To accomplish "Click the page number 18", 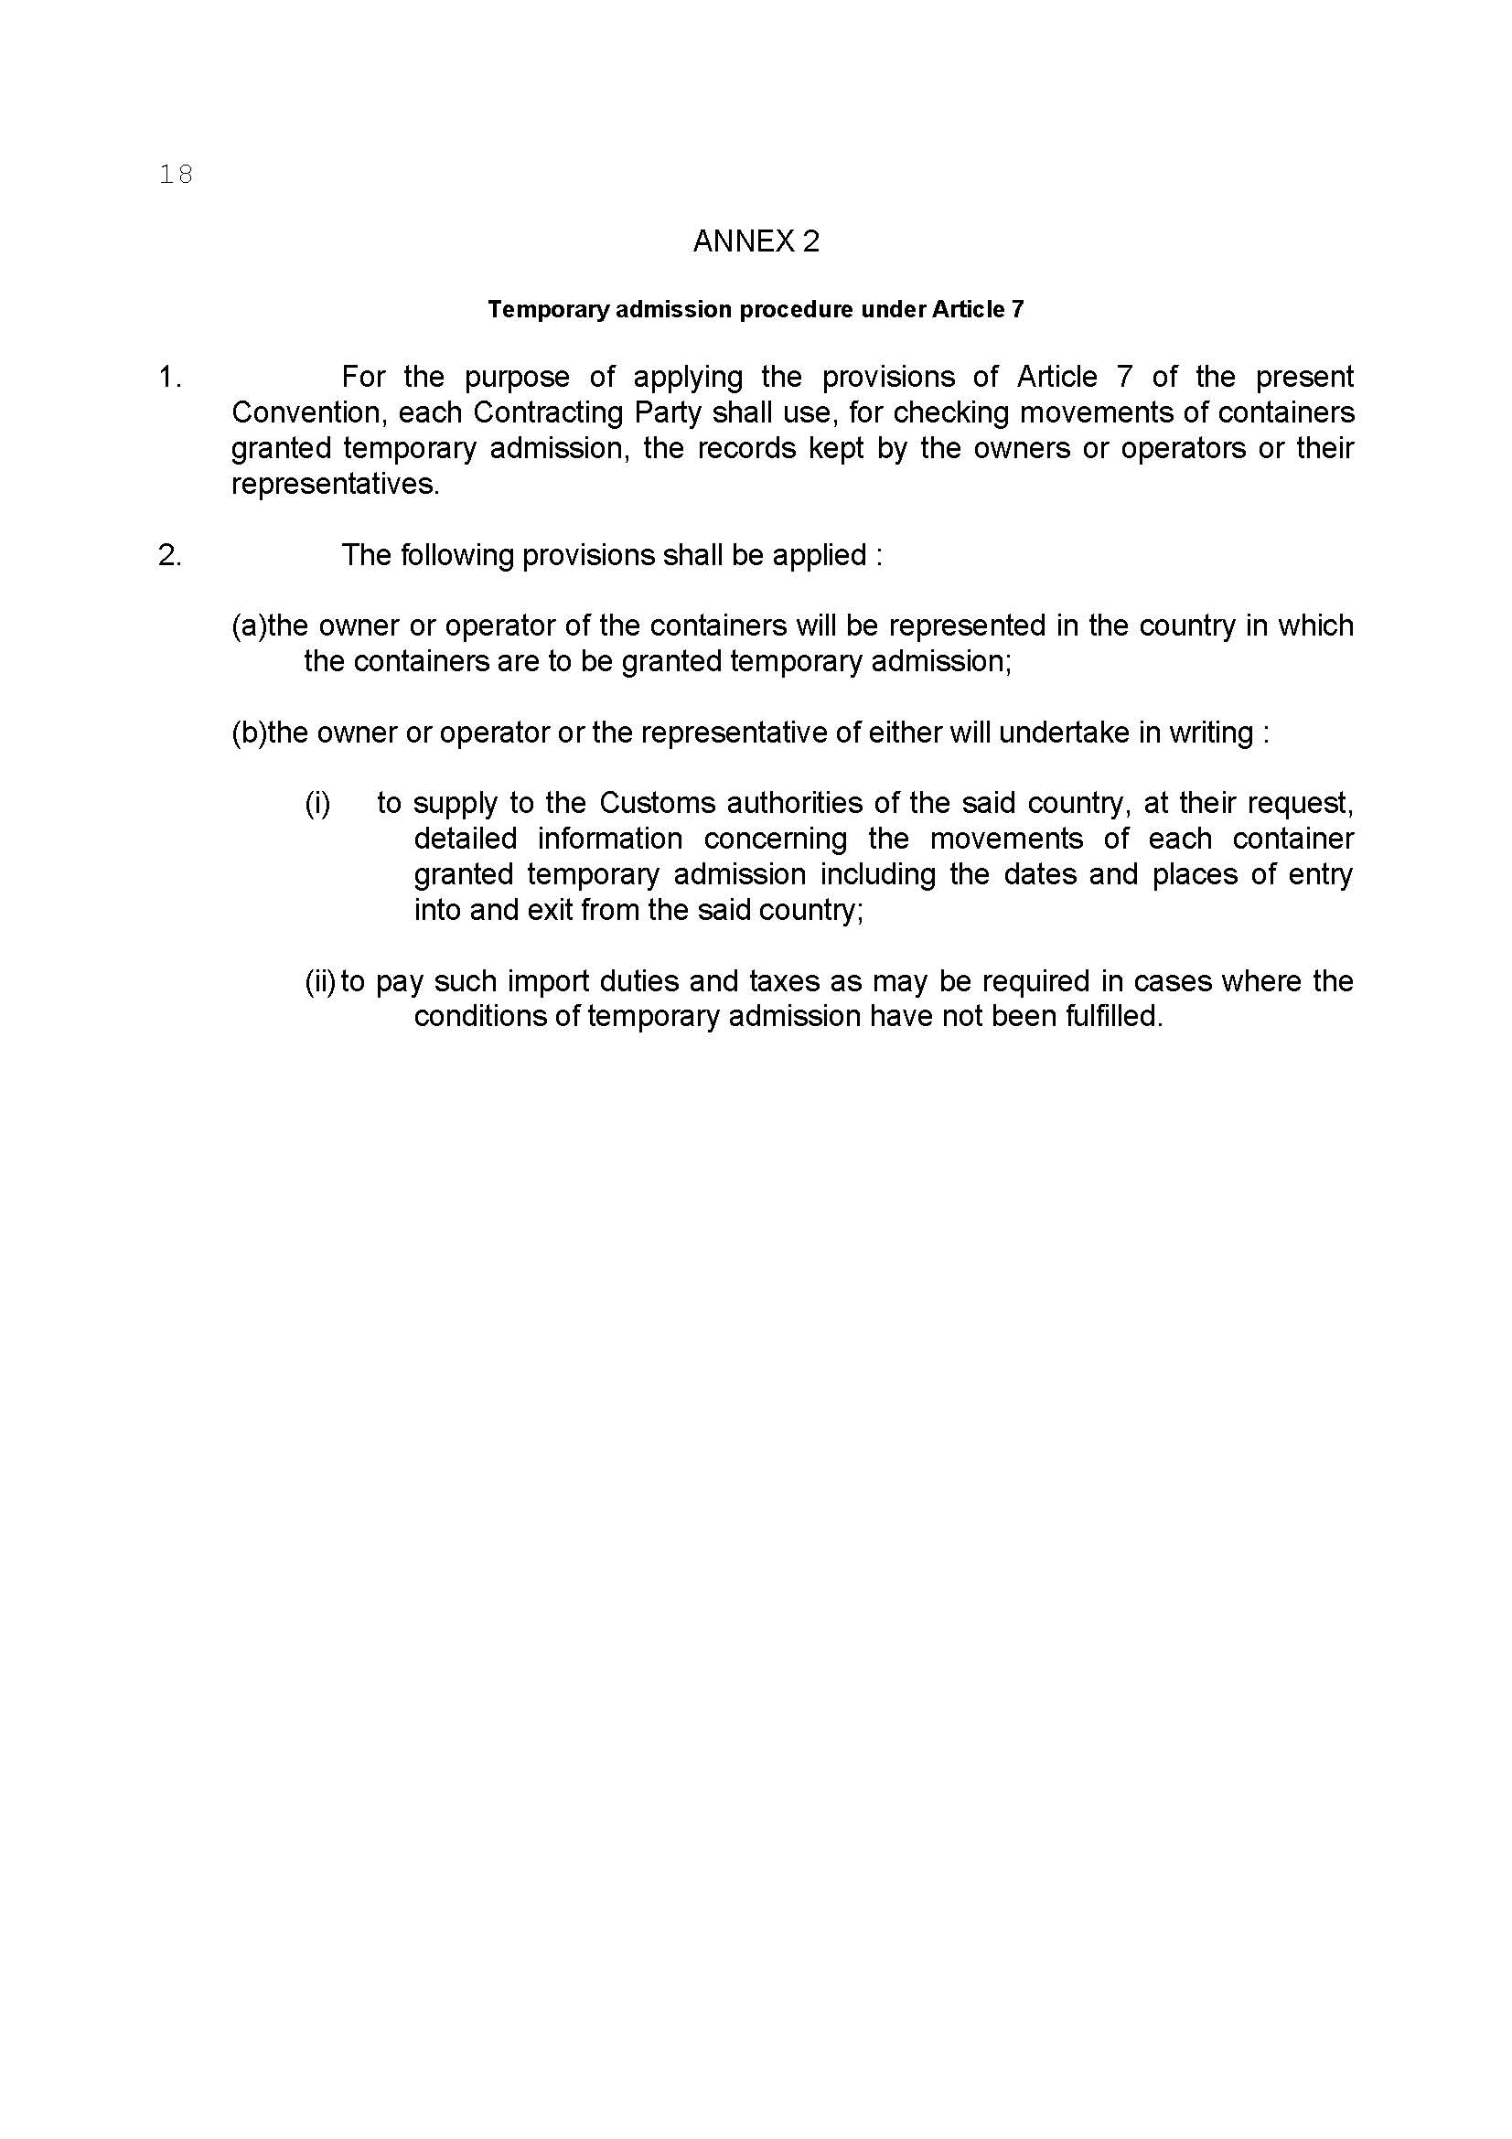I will (175, 175).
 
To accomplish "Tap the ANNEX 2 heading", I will (756, 241).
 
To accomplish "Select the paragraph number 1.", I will (168, 378).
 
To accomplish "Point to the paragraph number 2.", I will (169, 555).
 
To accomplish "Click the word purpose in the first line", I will (516, 378).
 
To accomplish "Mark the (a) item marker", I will (249, 626).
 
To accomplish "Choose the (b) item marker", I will (249, 733).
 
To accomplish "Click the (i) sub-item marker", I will (317, 803).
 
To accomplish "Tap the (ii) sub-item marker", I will (319, 981).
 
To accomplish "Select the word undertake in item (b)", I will (1051, 733).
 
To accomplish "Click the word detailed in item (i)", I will (465, 839).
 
